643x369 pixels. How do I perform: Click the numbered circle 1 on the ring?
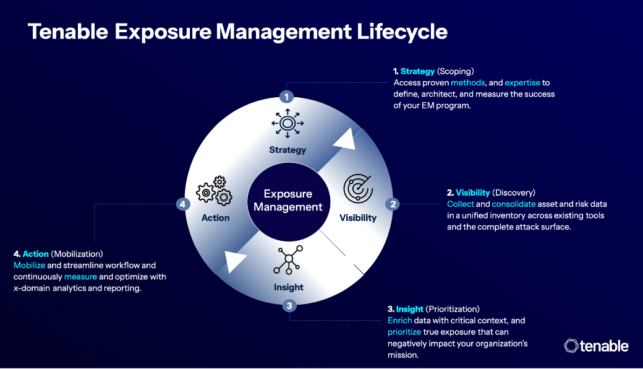point(286,97)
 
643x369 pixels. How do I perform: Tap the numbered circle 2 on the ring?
point(391,204)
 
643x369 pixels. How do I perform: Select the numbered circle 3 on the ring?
point(289,305)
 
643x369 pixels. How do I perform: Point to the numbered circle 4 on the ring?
point(182,204)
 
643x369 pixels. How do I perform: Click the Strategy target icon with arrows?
point(287,124)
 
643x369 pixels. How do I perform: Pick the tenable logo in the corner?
point(597,345)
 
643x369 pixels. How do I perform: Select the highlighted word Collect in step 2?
point(461,204)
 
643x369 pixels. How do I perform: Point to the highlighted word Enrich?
point(399,320)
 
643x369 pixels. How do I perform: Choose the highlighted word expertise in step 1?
point(522,82)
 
